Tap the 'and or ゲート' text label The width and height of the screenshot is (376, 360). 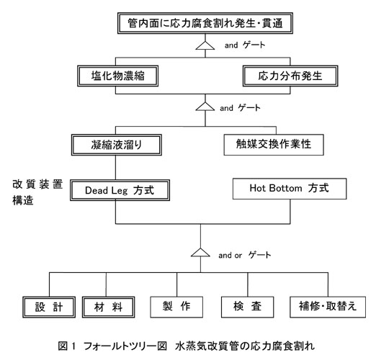(245, 255)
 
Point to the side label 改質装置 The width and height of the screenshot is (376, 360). (37, 184)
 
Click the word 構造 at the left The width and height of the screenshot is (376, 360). (23, 200)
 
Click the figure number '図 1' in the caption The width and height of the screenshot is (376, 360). (67, 346)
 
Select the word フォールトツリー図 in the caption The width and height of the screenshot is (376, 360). (125, 346)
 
